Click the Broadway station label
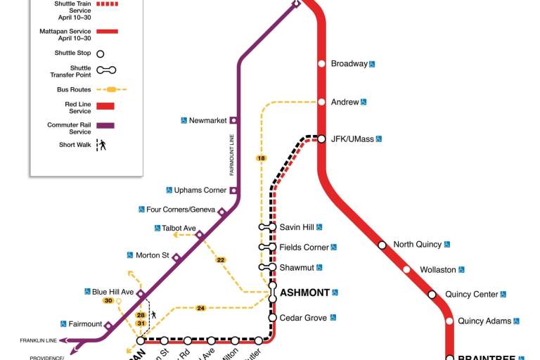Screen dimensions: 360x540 (x=349, y=64)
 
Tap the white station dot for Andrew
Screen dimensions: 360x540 (x=321, y=102)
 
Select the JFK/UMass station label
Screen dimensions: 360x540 (x=352, y=139)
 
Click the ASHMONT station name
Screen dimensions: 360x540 (x=304, y=292)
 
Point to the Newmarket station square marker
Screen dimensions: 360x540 (x=233, y=120)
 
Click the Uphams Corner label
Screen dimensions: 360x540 (x=200, y=190)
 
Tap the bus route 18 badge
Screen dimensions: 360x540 (x=262, y=159)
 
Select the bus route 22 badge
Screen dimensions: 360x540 (x=221, y=260)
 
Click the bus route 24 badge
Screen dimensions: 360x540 (x=200, y=308)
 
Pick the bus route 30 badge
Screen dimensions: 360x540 (x=108, y=301)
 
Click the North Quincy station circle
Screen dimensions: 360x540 (x=382, y=245)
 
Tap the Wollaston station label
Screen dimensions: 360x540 (x=438, y=269)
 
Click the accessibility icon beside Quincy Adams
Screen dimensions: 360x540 (x=516, y=321)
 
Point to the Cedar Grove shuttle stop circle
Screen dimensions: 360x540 (x=273, y=318)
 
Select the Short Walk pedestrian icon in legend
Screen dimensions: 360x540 (x=102, y=146)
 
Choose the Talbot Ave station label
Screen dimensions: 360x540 (x=179, y=228)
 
